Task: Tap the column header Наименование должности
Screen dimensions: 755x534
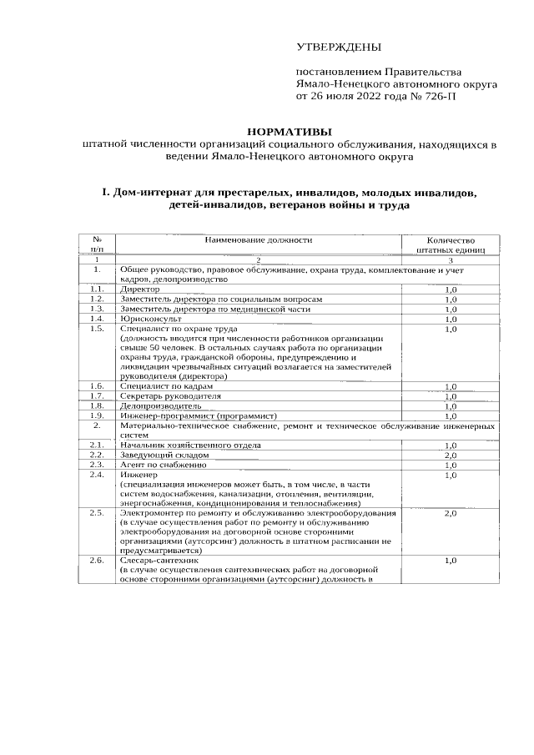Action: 259,239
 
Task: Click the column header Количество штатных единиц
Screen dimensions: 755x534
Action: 450,244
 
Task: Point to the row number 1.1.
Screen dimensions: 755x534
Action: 97,289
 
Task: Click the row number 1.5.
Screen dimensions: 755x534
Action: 97,329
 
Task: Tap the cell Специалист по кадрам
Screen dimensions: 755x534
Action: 166,386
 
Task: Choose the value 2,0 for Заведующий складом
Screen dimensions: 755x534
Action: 451,456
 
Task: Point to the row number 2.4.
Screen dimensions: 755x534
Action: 97,475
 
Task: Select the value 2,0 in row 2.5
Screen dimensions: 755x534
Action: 451,514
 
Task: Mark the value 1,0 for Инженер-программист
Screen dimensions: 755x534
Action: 451,415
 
